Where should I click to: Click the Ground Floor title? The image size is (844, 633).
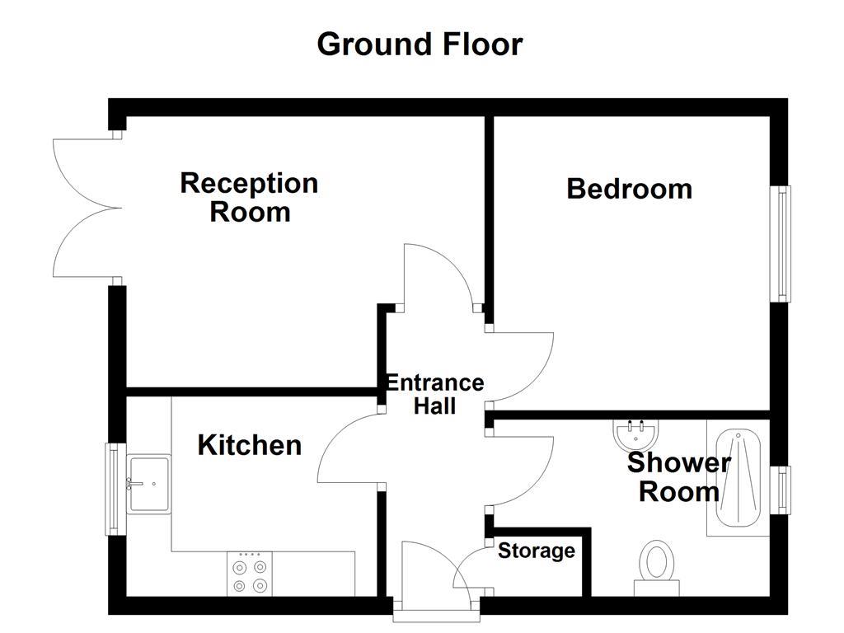[x=420, y=44]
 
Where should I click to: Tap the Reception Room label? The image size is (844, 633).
[x=249, y=197]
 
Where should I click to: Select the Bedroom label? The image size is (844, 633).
[x=629, y=189]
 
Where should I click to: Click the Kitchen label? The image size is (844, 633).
[x=249, y=445]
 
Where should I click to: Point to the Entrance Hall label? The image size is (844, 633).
[x=434, y=394]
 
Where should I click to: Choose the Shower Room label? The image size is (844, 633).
[x=678, y=477]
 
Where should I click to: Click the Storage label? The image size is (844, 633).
[x=536, y=551]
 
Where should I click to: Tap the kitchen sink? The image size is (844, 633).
[x=149, y=485]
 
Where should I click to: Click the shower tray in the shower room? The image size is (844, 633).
[x=738, y=478]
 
